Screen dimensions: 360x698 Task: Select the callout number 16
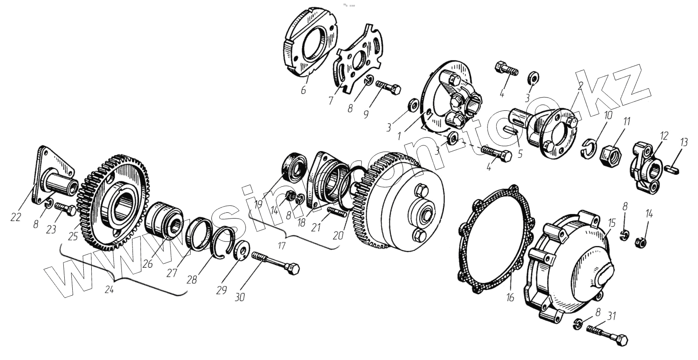510,297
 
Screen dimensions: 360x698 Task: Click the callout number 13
684,142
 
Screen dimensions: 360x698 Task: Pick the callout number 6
303,90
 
